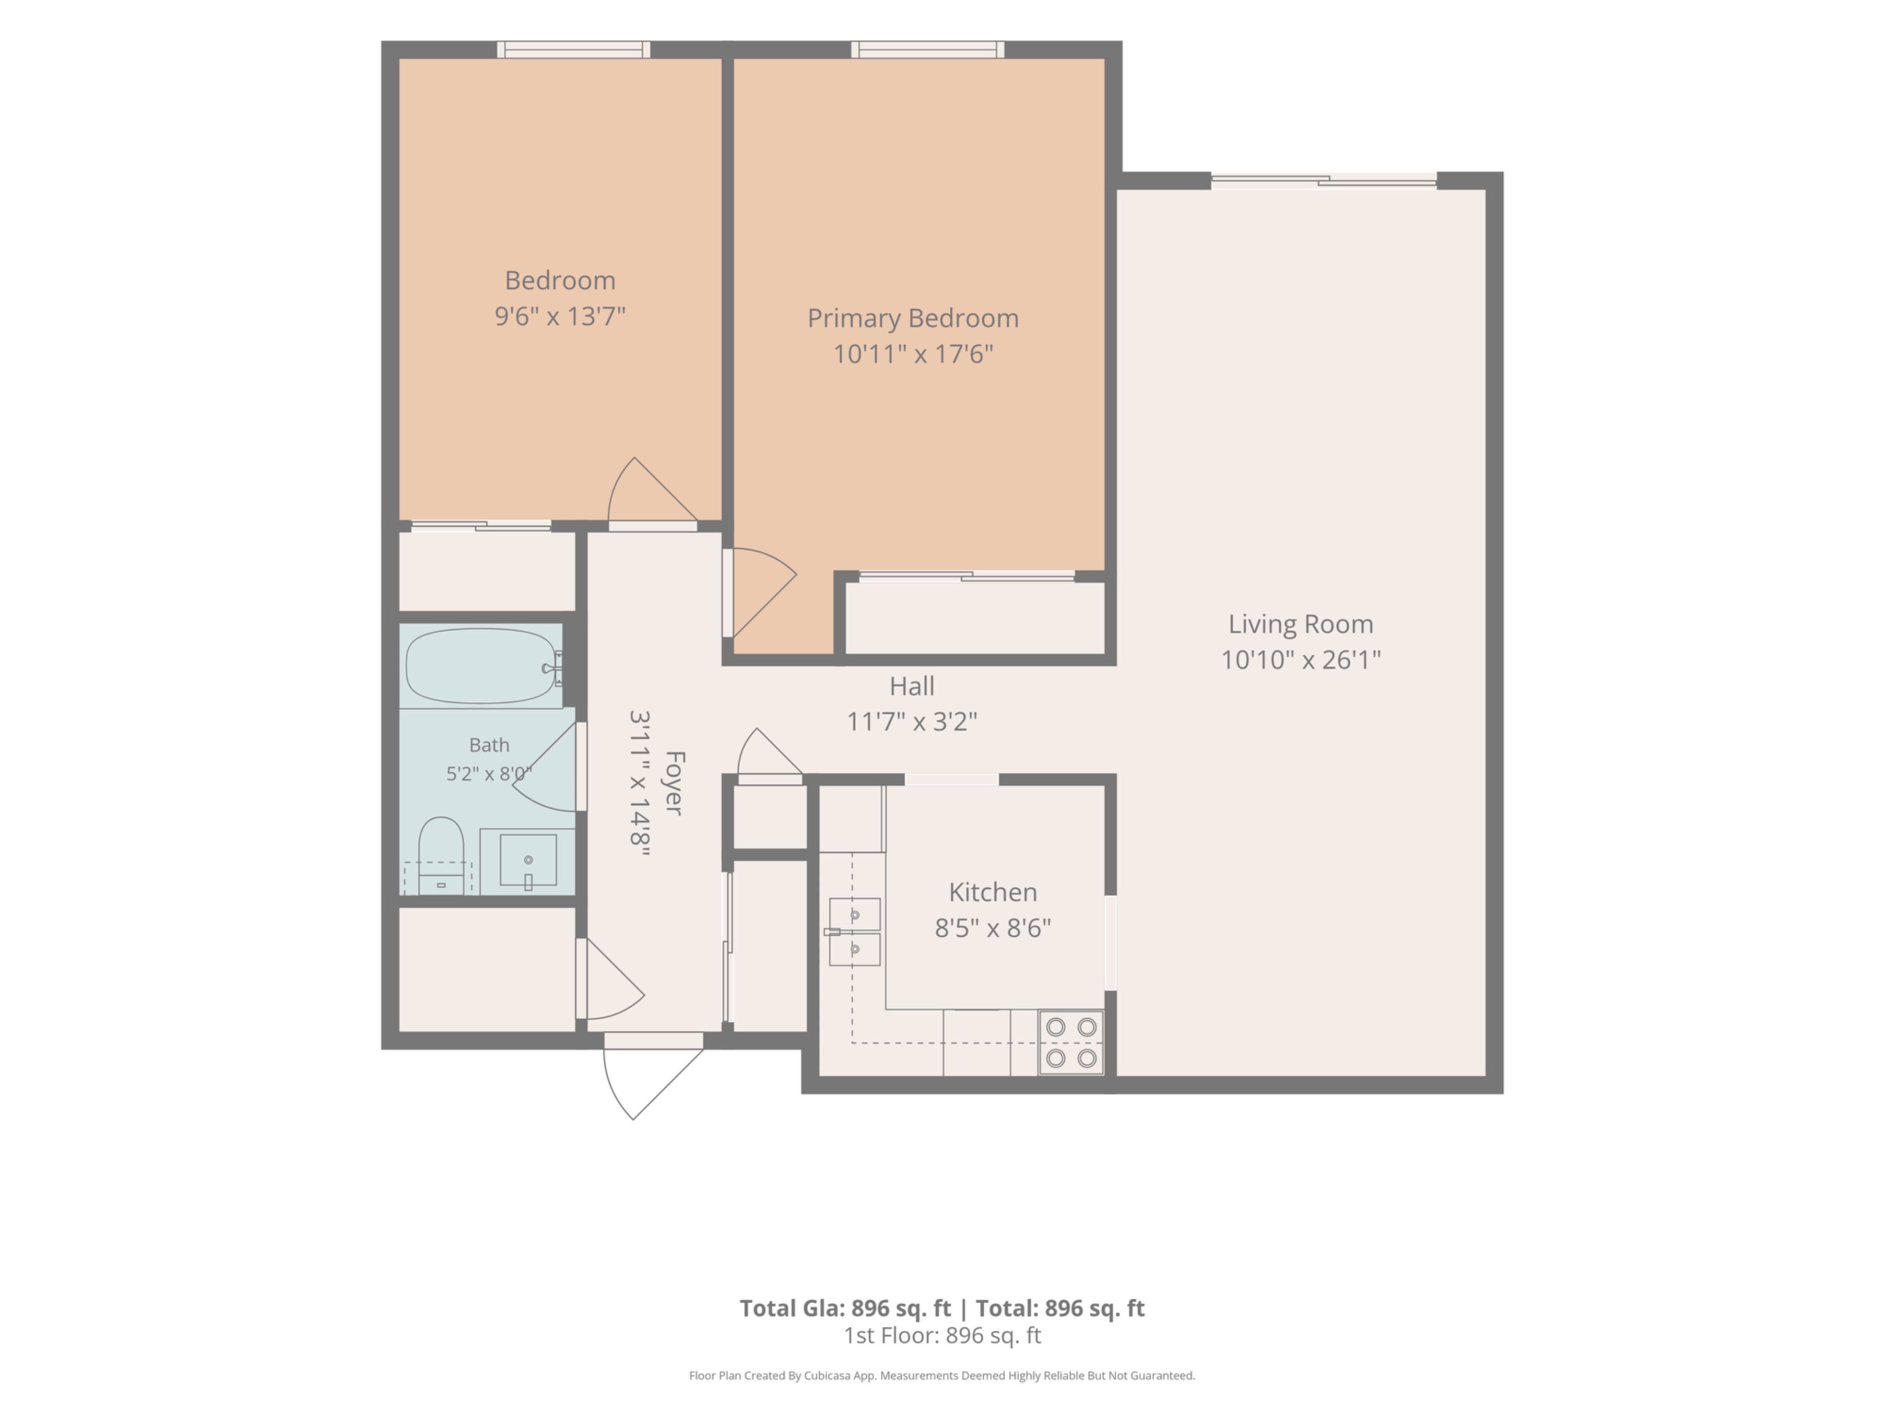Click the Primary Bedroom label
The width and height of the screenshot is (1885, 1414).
point(913,318)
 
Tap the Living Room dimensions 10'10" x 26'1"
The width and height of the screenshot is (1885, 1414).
point(1300,660)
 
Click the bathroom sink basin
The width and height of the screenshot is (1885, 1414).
point(528,861)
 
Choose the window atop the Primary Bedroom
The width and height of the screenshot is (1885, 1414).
point(927,50)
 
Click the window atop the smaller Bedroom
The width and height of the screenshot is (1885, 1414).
point(573,50)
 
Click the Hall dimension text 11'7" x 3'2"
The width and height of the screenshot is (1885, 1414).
point(912,722)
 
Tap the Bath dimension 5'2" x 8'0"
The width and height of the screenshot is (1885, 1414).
point(489,774)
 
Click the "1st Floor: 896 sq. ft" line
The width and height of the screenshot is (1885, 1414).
point(942,1335)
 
